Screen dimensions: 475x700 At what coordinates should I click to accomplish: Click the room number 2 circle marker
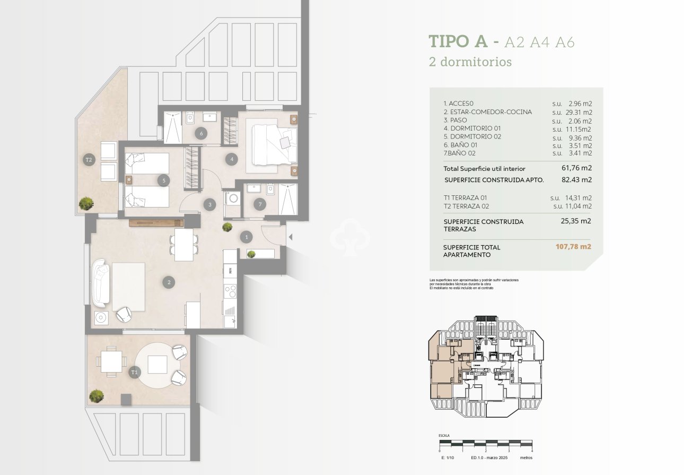(169, 282)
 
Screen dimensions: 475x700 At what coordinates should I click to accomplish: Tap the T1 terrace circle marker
(135, 373)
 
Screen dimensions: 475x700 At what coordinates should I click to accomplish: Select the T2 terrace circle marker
(89, 159)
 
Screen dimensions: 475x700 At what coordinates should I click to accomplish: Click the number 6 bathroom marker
(201, 133)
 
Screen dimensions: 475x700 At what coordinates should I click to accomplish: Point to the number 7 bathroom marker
(259, 203)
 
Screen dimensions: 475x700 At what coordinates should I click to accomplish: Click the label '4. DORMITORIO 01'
(472, 128)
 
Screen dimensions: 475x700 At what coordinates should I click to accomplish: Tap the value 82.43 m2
(576, 180)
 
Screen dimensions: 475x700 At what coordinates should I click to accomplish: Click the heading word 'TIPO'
(457, 42)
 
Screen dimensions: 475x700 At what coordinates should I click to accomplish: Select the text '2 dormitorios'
(470, 62)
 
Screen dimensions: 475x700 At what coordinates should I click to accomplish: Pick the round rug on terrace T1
(157, 365)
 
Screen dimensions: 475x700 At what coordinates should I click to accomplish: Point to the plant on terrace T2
(86, 203)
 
